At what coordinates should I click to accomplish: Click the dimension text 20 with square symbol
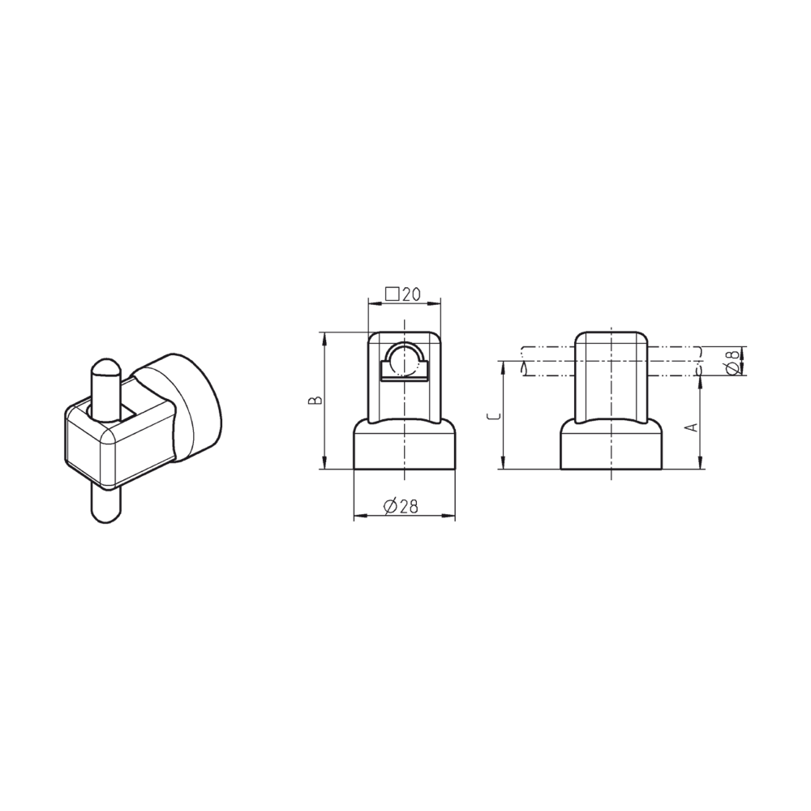(x=403, y=294)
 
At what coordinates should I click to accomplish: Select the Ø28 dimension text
(x=399, y=507)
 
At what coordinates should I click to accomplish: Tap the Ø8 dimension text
(x=732, y=362)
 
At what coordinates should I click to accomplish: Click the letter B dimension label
(x=318, y=400)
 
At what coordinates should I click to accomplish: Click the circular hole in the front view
(x=403, y=358)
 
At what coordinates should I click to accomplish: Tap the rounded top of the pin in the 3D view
(x=105, y=369)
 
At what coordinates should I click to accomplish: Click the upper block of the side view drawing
(x=611, y=373)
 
